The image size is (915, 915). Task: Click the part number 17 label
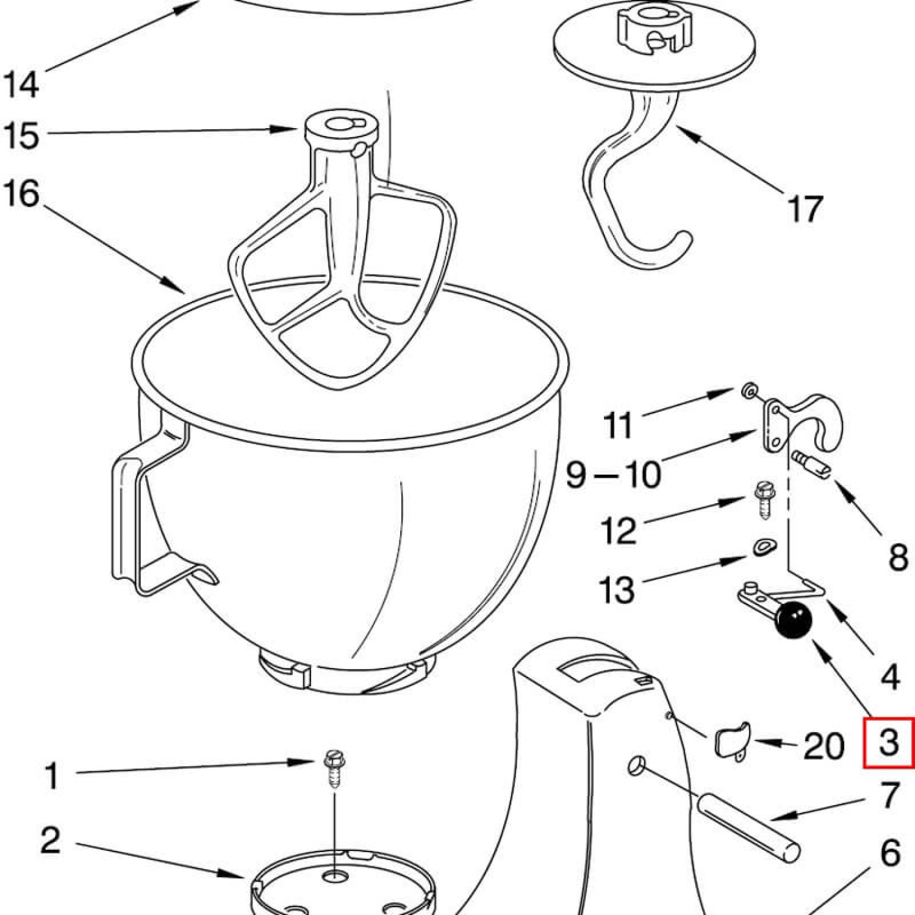806,208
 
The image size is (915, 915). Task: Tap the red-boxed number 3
889,742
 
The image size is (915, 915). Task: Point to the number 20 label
824,745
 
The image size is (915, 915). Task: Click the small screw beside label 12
763,500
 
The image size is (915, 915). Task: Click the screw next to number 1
332,770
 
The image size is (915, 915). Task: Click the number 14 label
22,84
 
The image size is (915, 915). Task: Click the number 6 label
890,852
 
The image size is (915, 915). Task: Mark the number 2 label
51,839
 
